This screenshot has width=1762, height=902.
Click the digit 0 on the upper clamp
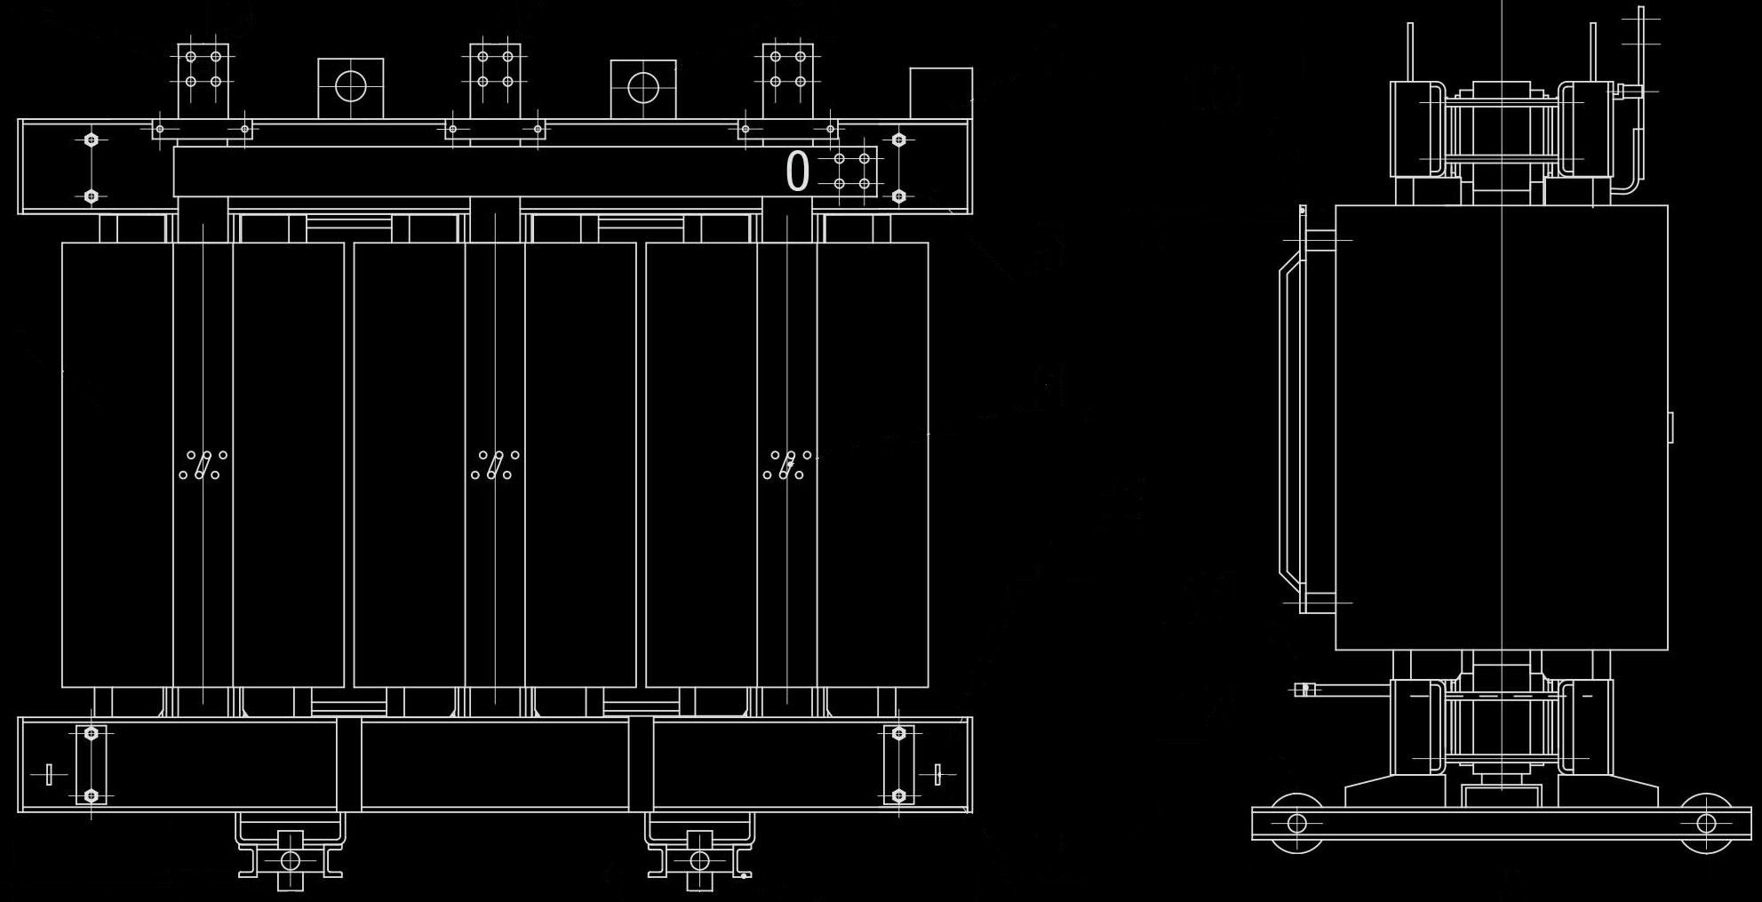(797, 172)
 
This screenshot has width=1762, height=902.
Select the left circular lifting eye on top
(351, 87)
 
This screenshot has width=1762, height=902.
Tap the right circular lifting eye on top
(643, 87)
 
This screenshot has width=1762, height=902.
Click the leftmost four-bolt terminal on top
(203, 69)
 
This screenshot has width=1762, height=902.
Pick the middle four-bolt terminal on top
(495, 69)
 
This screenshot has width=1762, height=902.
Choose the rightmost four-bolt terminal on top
(787, 69)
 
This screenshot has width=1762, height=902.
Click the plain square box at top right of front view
(940, 92)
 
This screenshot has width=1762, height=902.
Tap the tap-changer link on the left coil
(203, 465)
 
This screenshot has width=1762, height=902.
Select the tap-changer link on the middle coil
(495, 465)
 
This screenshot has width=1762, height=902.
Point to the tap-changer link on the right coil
(787, 465)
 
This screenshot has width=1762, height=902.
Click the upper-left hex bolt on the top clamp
(91, 140)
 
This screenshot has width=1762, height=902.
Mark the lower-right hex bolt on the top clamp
(898, 196)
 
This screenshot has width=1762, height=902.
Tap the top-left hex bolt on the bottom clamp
(91, 734)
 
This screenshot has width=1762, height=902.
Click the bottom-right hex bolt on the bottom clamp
(898, 795)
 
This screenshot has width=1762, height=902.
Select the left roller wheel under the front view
(291, 860)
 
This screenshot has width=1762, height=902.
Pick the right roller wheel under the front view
(699, 860)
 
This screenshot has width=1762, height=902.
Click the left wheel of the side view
(1296, 823)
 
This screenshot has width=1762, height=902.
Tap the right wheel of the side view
(1706, 823)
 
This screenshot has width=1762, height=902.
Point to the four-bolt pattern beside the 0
(851, 172)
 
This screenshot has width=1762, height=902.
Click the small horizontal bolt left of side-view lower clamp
(1305, 690)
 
